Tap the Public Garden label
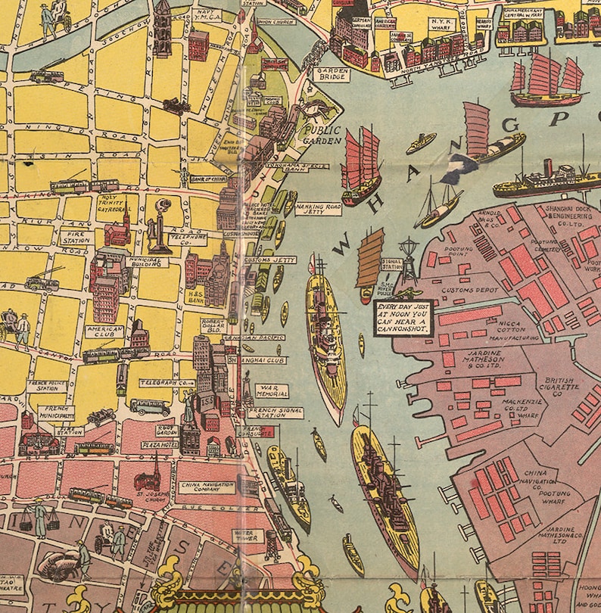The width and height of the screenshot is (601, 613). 318,135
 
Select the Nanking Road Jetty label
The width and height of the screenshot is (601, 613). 319,209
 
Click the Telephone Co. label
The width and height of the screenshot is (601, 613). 190,239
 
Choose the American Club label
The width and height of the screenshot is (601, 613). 104,334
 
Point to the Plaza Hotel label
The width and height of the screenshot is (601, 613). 160,445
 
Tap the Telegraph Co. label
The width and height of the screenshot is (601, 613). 167,383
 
